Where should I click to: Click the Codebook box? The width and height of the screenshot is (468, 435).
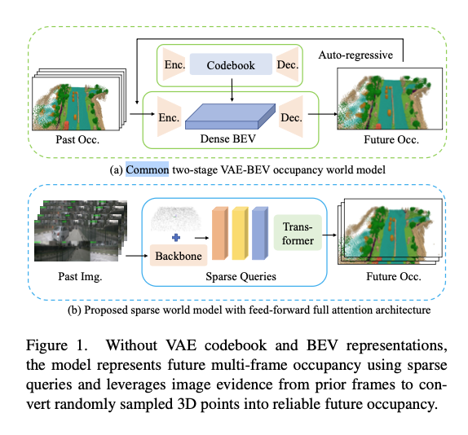231,64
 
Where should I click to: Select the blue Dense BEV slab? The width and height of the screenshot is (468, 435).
230,116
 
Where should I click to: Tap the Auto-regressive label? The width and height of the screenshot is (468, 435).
355,55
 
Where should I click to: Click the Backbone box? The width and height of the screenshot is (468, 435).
179,256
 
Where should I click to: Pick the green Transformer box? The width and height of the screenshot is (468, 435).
298,232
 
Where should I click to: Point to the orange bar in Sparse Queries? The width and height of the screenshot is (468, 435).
220,234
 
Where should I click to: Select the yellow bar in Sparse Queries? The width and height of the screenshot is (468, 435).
240,234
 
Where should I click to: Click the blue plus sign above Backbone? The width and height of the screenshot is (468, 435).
176,238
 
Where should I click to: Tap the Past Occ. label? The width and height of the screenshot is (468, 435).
77,139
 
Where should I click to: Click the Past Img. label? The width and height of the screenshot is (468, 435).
80,276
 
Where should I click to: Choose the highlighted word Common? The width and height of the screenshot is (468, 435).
147,169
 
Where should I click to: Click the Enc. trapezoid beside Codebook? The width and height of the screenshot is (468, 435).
174,64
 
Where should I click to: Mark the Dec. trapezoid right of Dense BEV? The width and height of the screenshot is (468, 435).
291,116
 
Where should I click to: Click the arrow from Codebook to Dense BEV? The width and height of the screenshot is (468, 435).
232,90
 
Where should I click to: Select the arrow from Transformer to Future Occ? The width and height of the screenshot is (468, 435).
329,235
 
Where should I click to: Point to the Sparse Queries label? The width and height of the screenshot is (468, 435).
241,276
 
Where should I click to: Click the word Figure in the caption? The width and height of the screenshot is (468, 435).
46,345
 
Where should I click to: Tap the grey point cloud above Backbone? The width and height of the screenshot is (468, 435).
176,219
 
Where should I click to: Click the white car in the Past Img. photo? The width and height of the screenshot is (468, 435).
60,234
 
